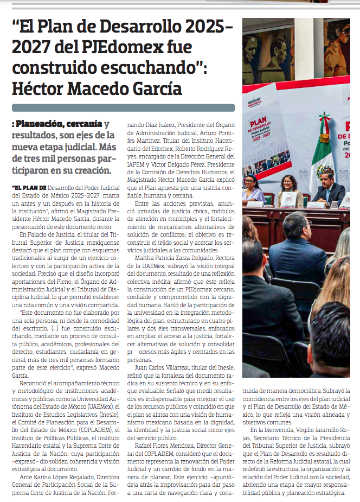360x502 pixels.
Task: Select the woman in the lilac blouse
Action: (x=253, y=189)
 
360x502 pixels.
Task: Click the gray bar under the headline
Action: (x=123, y=107)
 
